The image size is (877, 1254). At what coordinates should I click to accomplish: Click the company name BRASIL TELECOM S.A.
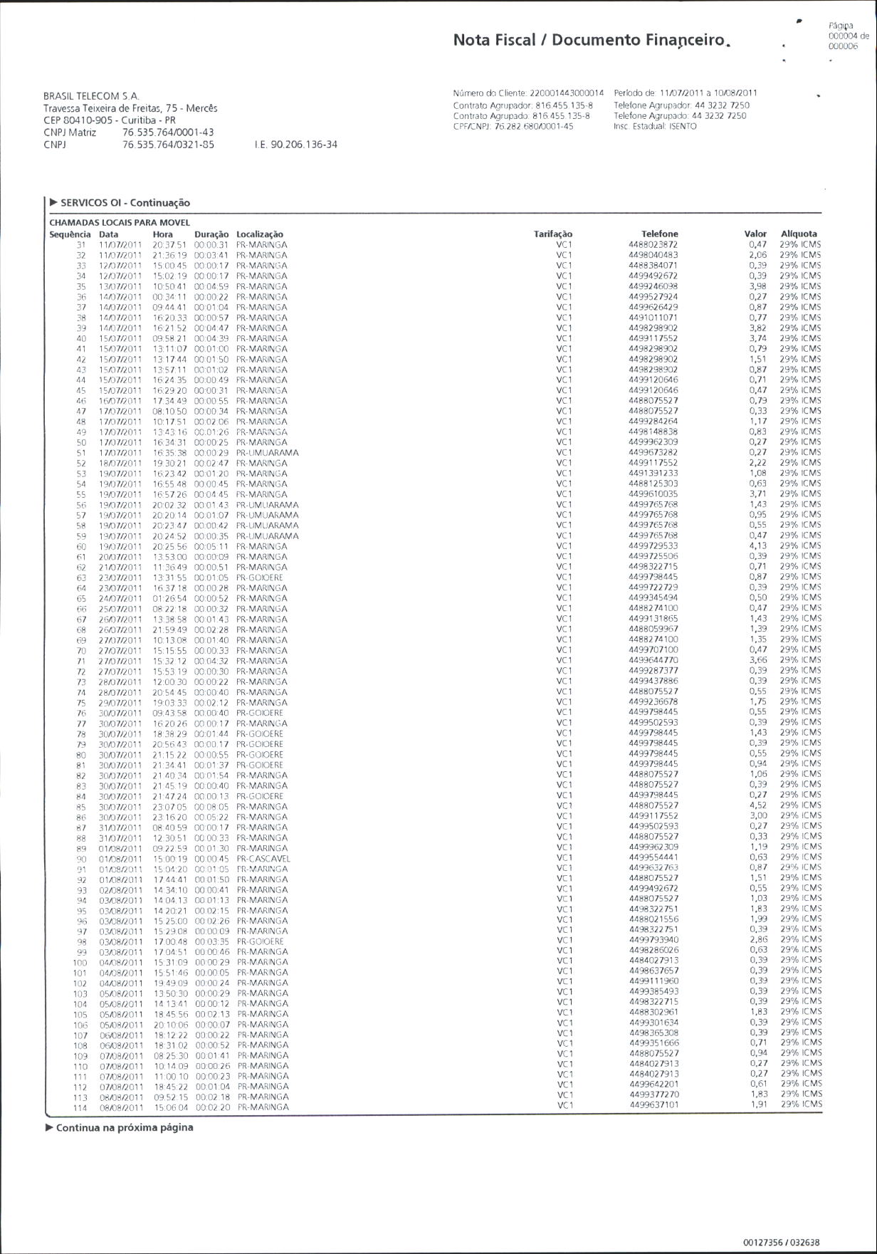coord(91,96)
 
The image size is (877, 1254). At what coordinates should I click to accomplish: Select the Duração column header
coord(211,234)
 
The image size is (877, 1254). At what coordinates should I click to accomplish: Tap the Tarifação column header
coord(553,234)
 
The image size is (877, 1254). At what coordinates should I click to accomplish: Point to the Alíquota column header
coord(799,234)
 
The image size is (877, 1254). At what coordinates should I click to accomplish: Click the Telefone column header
coord(659,234)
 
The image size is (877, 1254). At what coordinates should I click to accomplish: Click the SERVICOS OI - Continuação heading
coord(125,203)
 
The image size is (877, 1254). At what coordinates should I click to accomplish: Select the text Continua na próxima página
coord(124,1127)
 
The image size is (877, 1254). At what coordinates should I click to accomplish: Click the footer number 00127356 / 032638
coord(781,1243)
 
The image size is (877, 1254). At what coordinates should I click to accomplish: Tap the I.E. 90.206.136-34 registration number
coord(295,145)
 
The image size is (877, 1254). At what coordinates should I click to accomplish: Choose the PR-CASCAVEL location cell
coord(263,859)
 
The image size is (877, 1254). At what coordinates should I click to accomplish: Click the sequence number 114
coord(80,1107)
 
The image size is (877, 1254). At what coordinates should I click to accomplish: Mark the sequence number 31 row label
coord(80,245)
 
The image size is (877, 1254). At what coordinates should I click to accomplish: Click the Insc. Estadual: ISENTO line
coord(655,127)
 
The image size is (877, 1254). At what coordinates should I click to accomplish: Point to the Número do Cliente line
coord(528,93)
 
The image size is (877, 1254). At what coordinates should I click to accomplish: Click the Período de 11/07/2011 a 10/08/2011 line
coord(686,93)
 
